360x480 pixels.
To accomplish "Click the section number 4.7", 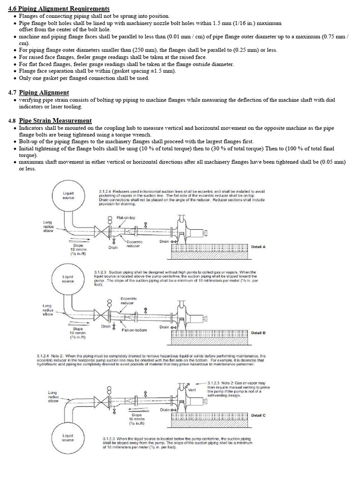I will click(x=13, y=92).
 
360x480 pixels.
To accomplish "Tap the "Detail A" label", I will click(x=258, y=247).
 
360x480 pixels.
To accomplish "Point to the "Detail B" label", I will click(x=258, y=332).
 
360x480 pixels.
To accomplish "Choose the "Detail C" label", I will click(x=258, y=415).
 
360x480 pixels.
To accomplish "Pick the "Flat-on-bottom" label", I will click(x=135, y=330).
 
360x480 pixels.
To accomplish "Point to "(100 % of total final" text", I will click(x=305, y=148).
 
